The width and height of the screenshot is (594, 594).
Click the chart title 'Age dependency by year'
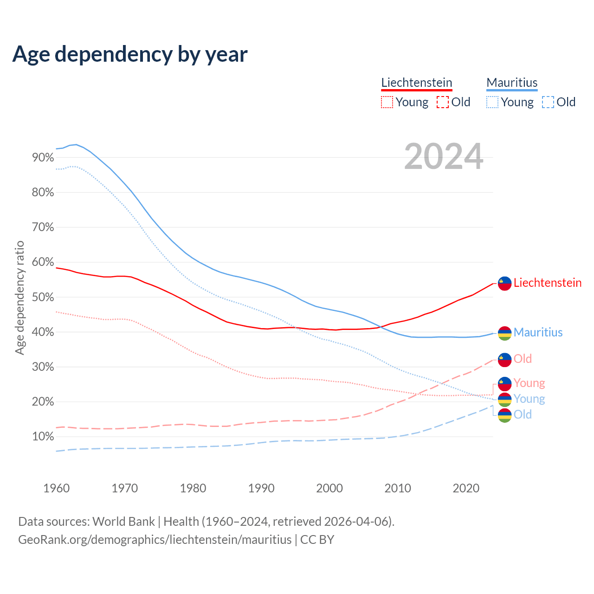130,54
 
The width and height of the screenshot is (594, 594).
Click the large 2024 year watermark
444,157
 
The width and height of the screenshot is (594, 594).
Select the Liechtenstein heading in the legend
416,83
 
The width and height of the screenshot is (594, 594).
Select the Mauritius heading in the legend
512,83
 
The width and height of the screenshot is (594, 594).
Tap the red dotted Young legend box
387,102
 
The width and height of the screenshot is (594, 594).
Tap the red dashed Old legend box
443,102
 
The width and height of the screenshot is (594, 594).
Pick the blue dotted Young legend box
492,102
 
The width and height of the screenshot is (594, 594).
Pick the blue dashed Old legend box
548,102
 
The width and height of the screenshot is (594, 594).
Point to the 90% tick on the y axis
43,158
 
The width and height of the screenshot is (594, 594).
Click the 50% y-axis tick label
43,297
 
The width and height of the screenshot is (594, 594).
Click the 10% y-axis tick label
43,437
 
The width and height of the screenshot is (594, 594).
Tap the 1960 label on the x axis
56,488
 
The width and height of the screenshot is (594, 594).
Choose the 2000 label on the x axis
329,488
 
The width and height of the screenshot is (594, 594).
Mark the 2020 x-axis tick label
466,488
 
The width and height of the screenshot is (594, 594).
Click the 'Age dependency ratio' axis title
19,297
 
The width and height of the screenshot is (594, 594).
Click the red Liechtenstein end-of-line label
547,283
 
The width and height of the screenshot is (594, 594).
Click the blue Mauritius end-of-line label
538,332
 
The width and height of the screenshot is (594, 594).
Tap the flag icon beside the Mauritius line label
504,333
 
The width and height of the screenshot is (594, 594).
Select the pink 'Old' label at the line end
523,359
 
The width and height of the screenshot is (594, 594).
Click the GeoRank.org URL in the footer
155,540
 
